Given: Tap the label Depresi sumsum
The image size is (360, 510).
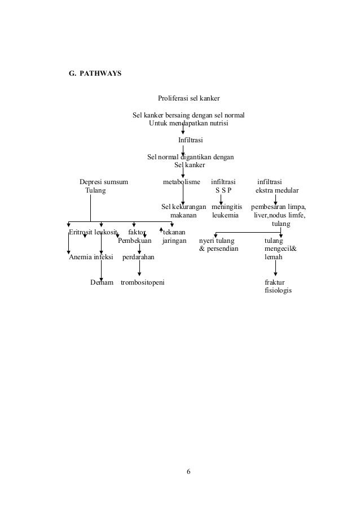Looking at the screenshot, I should click(104, 182).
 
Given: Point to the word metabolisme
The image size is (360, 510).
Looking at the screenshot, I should click(181, 182).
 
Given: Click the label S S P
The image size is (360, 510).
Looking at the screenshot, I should click(223, 190).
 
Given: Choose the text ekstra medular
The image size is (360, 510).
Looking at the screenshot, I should click(277, 190).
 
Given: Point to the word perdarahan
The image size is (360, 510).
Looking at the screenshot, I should click(138, 257).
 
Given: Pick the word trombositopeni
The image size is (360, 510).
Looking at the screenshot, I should click(143, 282).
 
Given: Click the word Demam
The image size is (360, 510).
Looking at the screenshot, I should click(102, 282).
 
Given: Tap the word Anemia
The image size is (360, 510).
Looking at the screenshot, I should click(81, 257).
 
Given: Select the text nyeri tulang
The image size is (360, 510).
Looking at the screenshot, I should click(217, 241).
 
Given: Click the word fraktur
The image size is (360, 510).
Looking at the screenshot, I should click(275, 282).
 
